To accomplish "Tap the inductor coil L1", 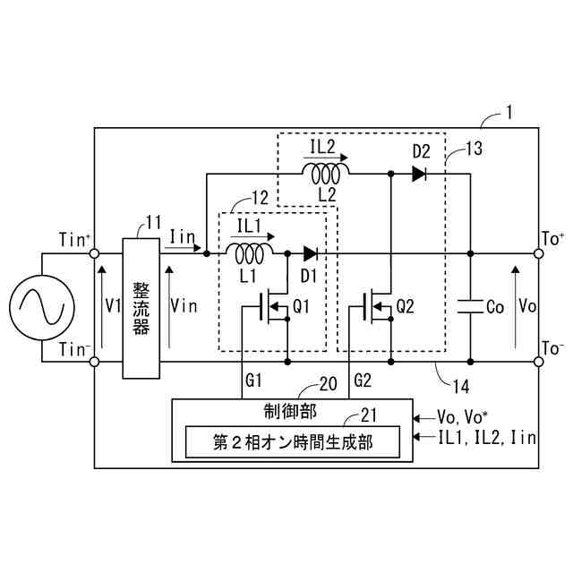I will [x=253, y=252].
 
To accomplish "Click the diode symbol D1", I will [x=311, y=253].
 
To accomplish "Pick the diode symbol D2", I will [x=419, y=175].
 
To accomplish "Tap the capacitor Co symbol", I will [x=469, y=305].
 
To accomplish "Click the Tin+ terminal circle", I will [x=94, y=253].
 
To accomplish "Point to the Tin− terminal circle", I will [x=94, y=362].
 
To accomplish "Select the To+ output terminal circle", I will [x=539, y=253].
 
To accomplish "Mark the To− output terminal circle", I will [x=539, y=362].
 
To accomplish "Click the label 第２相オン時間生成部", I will [x=293, y=441].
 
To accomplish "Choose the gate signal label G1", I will [x=254, y=381].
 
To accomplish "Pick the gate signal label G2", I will [x=362, y=381].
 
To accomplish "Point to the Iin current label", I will [x=182, y=235].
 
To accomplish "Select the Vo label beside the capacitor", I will [x=527, y=305].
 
